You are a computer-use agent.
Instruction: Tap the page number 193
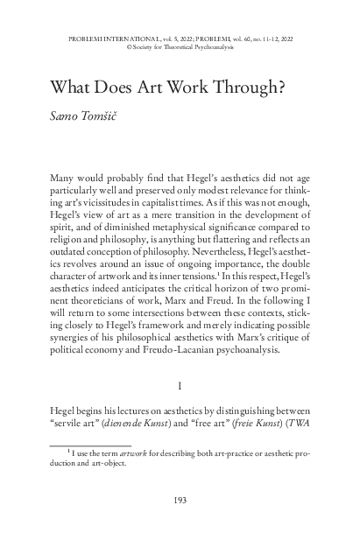(180, 501)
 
